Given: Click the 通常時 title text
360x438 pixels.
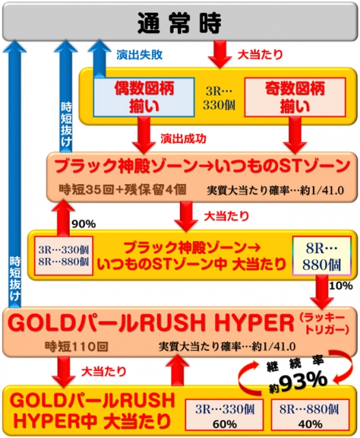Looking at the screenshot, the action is (179, 23).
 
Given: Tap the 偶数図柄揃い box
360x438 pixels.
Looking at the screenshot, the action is (144, 97).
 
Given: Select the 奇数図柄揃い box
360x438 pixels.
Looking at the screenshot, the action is (295, 97).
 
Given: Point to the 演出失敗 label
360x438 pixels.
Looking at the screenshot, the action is (140, 55).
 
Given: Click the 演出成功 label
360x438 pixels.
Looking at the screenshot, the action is (183, 138).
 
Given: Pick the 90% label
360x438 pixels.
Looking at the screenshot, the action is (83, 224).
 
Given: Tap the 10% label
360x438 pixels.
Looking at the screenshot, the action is (341, 286).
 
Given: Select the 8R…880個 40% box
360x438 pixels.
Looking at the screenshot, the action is (310, 415).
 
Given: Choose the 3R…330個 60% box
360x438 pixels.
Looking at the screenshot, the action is (224, 415).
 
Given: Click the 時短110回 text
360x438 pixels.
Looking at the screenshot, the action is (76, 347).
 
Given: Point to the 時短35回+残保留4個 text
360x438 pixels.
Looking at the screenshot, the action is (123, 190).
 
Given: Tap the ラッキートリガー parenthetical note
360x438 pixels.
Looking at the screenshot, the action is (324, 324).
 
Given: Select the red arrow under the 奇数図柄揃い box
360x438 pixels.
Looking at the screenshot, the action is (295, 135).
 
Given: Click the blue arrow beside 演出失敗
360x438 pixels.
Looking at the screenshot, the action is (99, 58).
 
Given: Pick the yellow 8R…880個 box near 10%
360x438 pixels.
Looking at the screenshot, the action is (322, 256).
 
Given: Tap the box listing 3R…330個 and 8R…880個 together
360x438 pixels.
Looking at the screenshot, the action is (64, 255).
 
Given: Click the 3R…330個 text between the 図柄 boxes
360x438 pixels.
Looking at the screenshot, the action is (219, 98).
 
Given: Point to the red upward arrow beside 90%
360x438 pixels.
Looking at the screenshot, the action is (63, 218).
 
